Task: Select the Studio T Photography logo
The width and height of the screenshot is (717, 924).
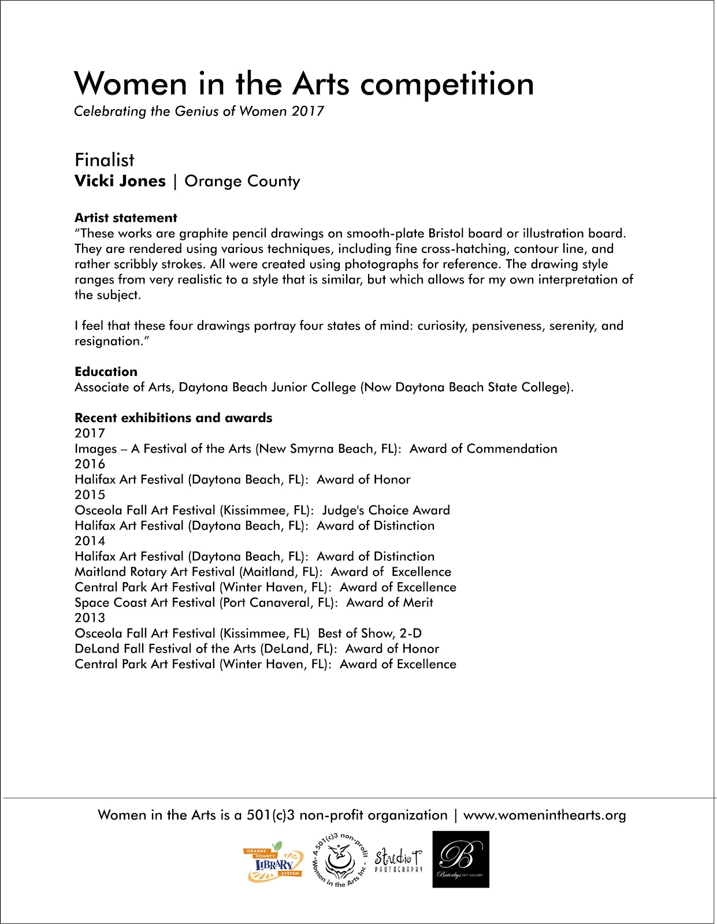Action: (399, 860)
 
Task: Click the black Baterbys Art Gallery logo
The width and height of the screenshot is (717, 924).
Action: (460, 859)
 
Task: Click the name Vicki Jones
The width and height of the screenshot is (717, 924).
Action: (120, 181)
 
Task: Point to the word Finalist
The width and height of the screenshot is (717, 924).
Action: (105, 160)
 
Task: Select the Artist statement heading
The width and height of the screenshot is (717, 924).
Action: (126, 218)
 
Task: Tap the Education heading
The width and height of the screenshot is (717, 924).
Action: (106, 371)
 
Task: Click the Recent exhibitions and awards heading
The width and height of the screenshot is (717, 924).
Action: (173, 418)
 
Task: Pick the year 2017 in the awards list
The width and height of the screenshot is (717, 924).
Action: (90, 433)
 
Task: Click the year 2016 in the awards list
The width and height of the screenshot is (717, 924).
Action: (90, 464)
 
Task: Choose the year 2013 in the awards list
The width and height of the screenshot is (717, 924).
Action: (90, 618)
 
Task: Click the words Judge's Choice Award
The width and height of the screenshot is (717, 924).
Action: (386, 511)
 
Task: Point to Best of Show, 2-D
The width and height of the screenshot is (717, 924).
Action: (370, 634)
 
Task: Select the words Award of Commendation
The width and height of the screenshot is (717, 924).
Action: (484, 449)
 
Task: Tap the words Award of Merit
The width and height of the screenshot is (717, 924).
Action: (389, 603)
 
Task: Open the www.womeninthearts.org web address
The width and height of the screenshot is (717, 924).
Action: (544, 815)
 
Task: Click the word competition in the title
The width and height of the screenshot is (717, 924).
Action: (447, 84)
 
